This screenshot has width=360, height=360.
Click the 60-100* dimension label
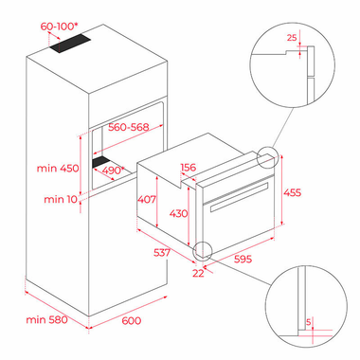[59, 27]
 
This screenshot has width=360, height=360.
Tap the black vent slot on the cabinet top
[70, 43]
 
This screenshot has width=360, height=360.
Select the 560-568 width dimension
[128, 127]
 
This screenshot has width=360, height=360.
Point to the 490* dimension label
[114, 171]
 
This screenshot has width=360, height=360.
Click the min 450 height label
[58, 168]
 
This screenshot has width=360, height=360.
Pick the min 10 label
[61, 199]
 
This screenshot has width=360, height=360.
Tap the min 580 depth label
[46, 319]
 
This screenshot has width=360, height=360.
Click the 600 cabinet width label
[132, 320]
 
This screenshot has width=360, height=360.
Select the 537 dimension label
[162, 253]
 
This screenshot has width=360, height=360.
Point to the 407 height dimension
[147, 199]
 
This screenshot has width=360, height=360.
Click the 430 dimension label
[178, 213]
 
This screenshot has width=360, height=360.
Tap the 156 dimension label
[189, 167]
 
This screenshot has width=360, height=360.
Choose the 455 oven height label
[292, 192]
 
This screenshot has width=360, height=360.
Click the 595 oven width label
[243, 259]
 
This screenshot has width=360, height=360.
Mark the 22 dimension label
[198, 273]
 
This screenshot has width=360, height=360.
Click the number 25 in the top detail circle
[292, 38]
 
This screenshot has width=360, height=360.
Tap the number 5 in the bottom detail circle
[309, 322]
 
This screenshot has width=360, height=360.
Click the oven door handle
[239, 197]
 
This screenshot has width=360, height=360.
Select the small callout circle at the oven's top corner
[268, 157]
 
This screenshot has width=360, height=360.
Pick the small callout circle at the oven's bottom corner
[203, 251]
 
